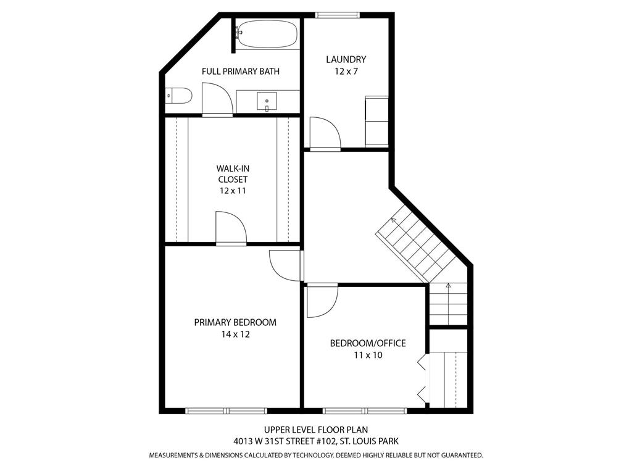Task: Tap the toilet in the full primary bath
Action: click(180, 96)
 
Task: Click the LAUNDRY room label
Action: click(346, 59)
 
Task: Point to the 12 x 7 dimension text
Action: click(346, 72)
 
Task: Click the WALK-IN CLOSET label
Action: click(232, 173)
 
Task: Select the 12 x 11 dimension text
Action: click(232, 191)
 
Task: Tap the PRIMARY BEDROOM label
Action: click(235, 322)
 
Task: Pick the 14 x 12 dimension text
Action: click(235, 335)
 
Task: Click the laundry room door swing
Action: click(323, 133)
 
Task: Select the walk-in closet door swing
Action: click(230, 228)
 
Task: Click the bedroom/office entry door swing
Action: click(321, 301)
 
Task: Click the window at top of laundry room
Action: click(336, 15)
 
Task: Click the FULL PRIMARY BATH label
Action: click(241, 72)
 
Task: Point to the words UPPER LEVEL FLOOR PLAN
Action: click(316, 430)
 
